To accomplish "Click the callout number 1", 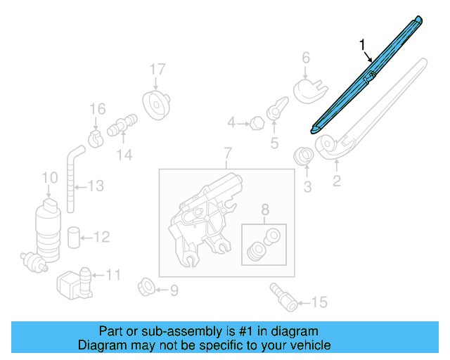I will pos(363,46).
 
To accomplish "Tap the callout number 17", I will pos(157,70).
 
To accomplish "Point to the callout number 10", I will pos(49,178).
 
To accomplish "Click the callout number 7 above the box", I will pos(227,153).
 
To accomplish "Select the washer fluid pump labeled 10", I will pos(49,225).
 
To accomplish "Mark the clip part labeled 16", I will pos(97,134).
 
